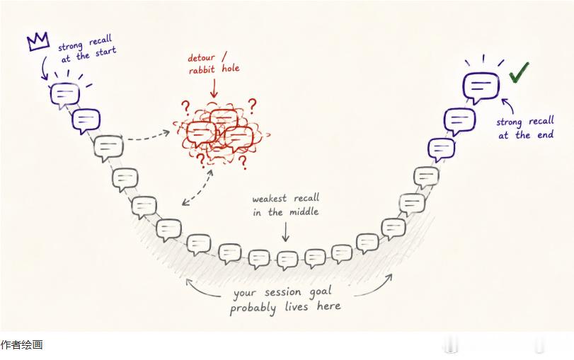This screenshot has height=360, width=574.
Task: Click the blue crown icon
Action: point(38,41)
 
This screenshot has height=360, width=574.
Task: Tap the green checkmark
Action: point(519,71)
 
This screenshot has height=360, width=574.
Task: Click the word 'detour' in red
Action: point(201,58)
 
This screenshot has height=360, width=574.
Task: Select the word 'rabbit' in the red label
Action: point(202,69)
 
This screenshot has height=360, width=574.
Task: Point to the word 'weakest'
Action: point(270,199)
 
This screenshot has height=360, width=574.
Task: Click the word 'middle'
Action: point(304,212)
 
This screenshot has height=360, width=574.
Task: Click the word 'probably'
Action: point(253,308)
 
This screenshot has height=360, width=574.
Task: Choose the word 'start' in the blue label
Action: point(105,52)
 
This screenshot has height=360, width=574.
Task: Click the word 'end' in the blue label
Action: point(545,134)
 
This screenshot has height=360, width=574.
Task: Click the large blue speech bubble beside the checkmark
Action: point(481,88)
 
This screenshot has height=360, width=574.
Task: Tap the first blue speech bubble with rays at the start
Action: point(65,95)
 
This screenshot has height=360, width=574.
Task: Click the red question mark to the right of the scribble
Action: point(252,105)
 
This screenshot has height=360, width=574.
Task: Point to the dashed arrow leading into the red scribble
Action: point(148,136)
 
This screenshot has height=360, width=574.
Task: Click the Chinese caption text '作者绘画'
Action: point(22,344)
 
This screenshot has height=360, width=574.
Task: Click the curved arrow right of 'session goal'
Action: point(377,288)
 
